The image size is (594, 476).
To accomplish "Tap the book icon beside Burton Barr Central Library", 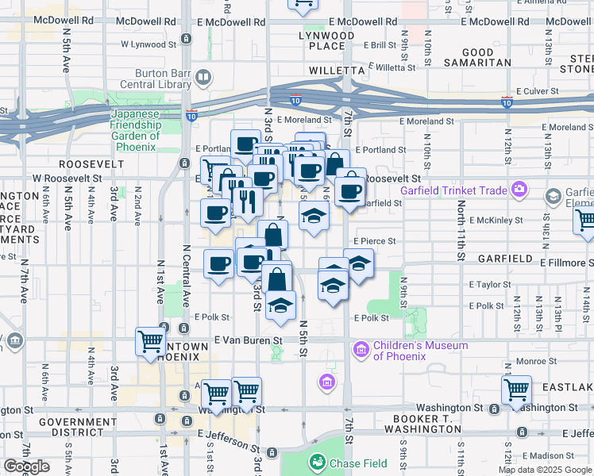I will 203,77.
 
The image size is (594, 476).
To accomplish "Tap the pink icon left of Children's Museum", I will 361,349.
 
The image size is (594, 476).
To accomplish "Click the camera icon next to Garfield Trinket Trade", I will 519,189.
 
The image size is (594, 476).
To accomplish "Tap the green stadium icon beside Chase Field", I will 318,461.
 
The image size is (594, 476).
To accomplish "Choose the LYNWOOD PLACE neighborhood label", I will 326,41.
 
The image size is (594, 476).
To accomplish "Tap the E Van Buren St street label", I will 249,340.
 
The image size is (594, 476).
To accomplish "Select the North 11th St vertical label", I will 461,231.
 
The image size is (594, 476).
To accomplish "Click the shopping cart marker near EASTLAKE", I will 516,389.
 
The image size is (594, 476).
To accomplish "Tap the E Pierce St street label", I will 374,240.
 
